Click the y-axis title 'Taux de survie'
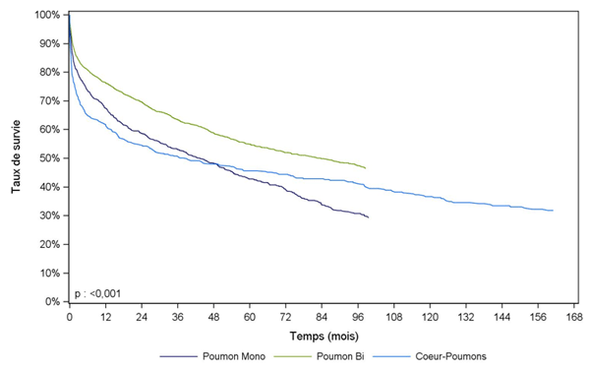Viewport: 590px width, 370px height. (17, 157)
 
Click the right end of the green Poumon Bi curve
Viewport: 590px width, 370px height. (366, 168)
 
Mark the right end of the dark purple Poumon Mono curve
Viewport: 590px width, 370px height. (368, 217)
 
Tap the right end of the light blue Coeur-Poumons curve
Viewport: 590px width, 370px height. (554, 211)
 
